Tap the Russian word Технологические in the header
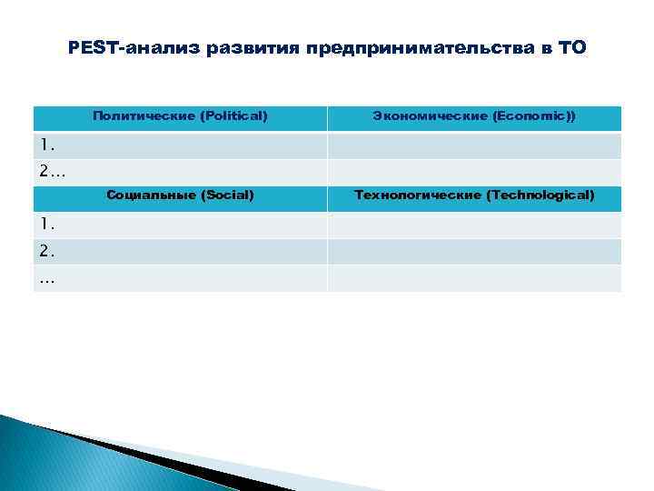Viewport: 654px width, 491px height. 418,195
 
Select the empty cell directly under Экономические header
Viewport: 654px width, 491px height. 474,145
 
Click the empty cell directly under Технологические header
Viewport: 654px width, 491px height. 474,225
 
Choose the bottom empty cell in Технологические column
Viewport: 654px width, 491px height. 474,278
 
